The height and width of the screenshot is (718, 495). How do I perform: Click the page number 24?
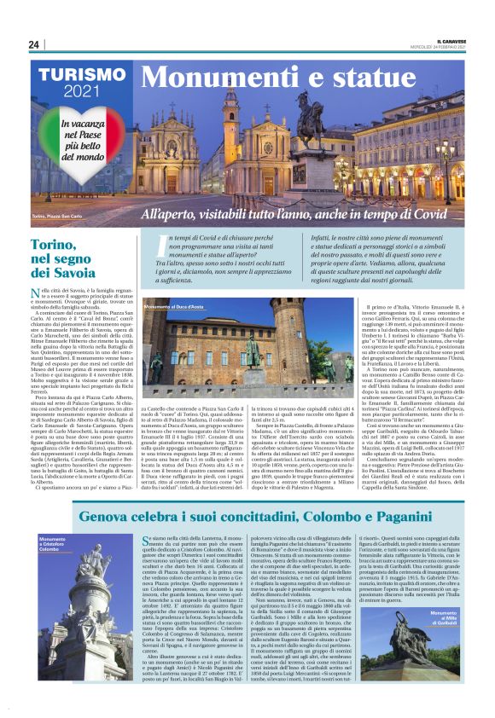pyautogui.click(x=33, y=44)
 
